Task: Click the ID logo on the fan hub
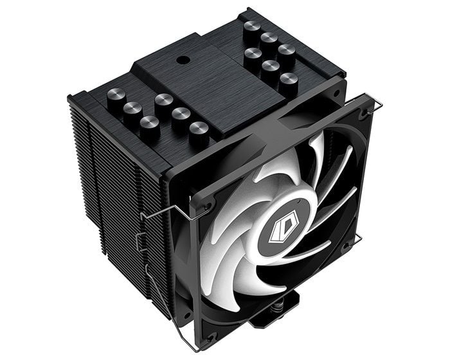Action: click(274, 232)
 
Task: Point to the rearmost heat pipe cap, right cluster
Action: click(251, 28)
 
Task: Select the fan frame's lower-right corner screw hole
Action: click(347, 245)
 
